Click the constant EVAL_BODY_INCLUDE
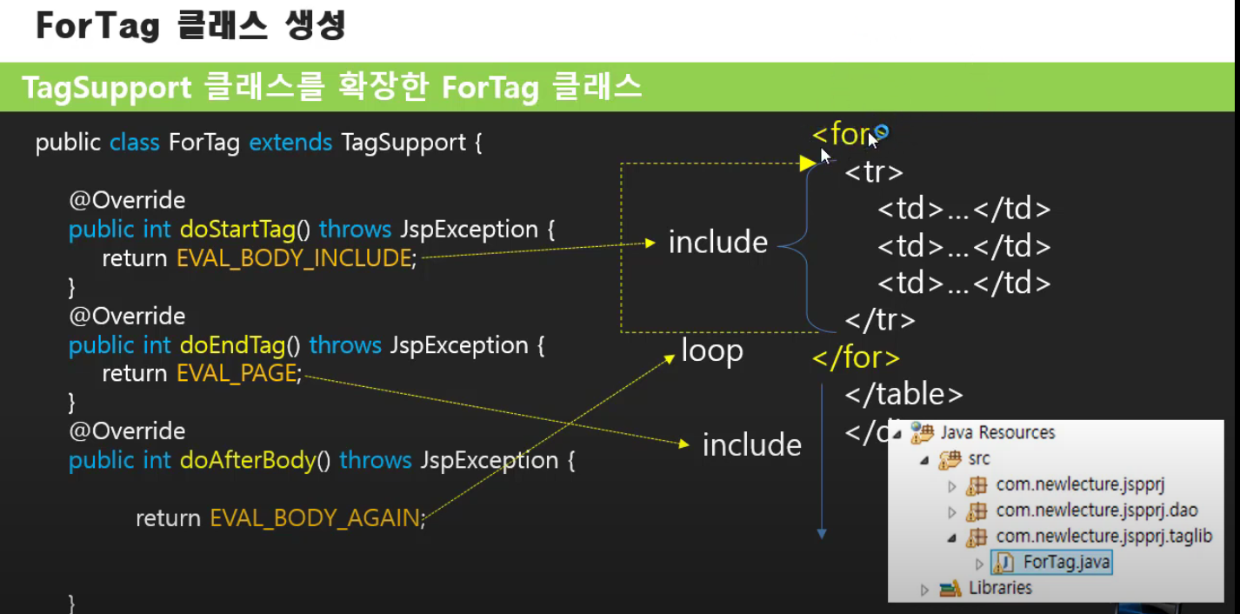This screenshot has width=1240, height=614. point(293,258)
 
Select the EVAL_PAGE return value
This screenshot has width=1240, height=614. point(237,374)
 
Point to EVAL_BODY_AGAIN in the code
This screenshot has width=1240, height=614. point(315,518)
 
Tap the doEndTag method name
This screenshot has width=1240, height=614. point(232,345)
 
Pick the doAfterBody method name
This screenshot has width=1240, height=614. point(248,460)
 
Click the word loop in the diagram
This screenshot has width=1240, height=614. point(712,351)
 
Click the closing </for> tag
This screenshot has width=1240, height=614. point(856,357)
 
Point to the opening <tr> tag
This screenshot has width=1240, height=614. point(874,172)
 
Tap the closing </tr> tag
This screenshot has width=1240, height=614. point(880,321)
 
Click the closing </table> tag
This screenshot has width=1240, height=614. point(904,395)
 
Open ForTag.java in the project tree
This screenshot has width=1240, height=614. point(1066,562)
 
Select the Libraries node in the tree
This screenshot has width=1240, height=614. point(1000,588)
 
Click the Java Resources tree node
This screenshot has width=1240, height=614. point(997,432)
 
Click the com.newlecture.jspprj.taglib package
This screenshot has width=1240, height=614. point(1103,537)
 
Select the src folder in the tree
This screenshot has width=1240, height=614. point(978,458)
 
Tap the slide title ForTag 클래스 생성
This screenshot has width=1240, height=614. point(190,26)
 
